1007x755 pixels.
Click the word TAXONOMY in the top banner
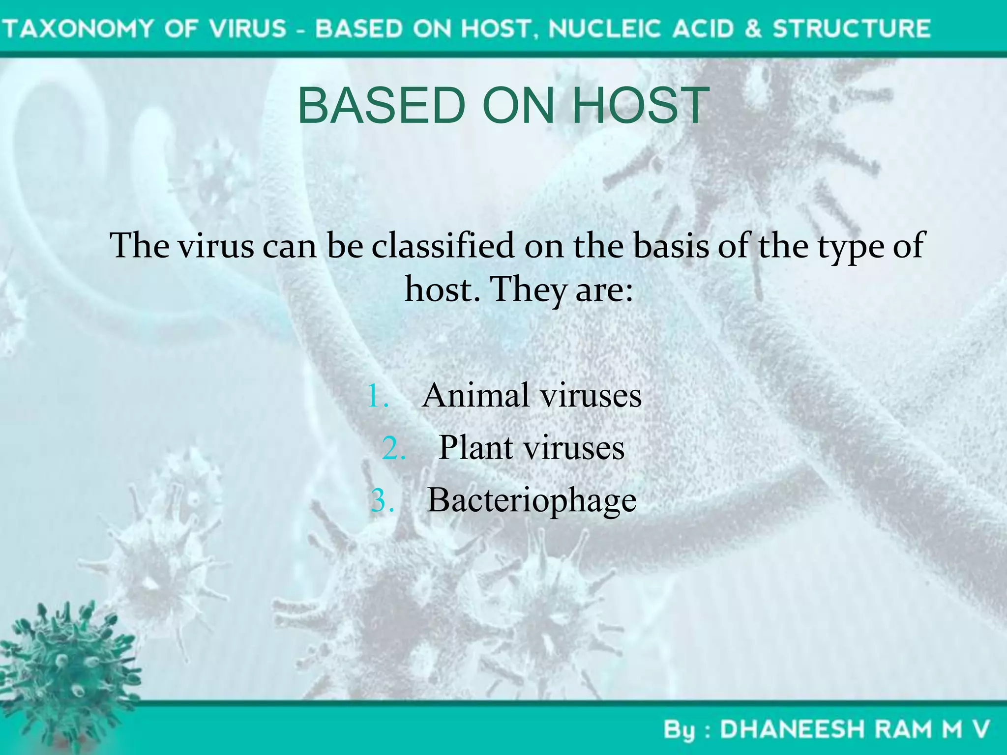[x=80, y=28]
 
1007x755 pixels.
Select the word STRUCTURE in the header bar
[x=852, y=28]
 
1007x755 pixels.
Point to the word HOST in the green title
[x=641, y=105]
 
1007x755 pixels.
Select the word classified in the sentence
[x=443, y=245]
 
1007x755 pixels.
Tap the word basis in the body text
[x=671, y=245]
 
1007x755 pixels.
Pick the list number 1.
[x=378, y=396]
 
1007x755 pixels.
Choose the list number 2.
[x=393, y=449]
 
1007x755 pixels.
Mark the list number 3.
[x=383, y=501]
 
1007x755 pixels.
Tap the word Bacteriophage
[x=532, y=501]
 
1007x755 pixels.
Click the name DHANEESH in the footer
[x=792, y=729]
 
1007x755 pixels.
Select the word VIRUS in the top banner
[x=248, y=28]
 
